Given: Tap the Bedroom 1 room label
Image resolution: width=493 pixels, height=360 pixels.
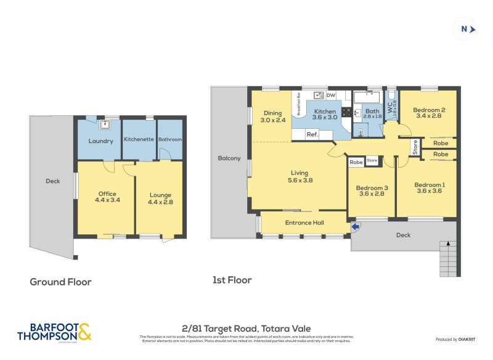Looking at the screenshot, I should point(429,188).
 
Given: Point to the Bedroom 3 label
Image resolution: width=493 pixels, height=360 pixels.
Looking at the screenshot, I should point(372,190).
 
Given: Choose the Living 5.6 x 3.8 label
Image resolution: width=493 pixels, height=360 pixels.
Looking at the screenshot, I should point(299,176).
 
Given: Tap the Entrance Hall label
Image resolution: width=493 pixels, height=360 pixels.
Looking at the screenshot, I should point(304,223).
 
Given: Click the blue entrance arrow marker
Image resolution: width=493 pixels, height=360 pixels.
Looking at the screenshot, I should point(355,228).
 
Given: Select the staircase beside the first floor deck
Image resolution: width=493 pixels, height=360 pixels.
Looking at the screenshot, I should point(448,258).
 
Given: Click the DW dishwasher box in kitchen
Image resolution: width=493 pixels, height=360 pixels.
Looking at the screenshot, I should point(331,96).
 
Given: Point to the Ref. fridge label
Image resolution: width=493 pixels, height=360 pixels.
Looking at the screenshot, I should point(312,134).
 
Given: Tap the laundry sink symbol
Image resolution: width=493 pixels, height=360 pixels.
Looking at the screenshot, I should point(105,125).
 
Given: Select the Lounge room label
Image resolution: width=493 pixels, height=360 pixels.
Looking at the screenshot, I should point(160,198).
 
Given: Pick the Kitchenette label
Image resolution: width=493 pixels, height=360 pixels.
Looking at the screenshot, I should point(139,140).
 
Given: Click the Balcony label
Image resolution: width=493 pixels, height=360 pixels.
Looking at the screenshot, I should point(229,158).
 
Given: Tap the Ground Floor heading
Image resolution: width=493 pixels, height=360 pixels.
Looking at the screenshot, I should point(61,282).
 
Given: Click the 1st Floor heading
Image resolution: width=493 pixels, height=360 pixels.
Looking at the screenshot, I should point(232,280).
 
